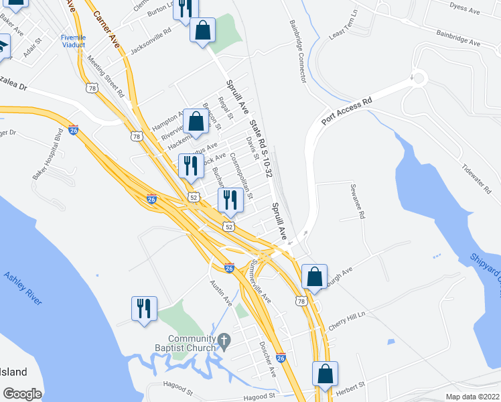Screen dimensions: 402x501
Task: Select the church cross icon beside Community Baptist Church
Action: pyautogui.click(x=224, y=342)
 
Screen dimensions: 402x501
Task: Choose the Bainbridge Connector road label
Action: pyautogui.click(x=297, y=51)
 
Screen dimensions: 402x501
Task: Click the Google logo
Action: pyautogui.click(x=22, y=394)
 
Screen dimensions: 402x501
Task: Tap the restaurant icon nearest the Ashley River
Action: pyautogui.click(x=144, y=309)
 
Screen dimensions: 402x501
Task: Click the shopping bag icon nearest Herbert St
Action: pyautogui.click(x=325, y=375)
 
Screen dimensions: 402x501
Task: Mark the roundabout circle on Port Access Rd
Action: pyautogui.click(x=420, y=78)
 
